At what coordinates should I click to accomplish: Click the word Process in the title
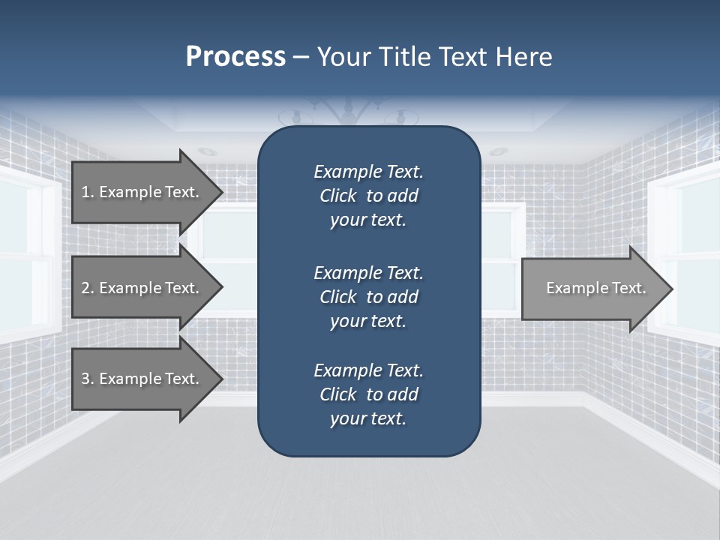[x=235, y=57]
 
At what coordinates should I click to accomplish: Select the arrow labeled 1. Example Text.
[x=142, y=192]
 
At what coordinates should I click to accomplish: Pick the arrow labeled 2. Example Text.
[x=142, y=288]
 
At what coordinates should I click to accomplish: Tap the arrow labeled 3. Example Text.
[x=142, y=379]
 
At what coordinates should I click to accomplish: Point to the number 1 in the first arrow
[x=85, y=192]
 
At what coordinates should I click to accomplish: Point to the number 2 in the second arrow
[x=85, y=288]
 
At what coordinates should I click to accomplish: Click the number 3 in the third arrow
[x=85, y=379]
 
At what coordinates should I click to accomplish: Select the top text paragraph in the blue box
[x=368, y=196]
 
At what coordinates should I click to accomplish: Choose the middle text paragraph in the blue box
[x=368, y=297]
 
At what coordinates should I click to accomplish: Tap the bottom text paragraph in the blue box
[x=368, y=394]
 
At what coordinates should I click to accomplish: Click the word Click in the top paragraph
[x=337, y=196]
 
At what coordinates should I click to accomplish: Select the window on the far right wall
[x=690, y=255]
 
